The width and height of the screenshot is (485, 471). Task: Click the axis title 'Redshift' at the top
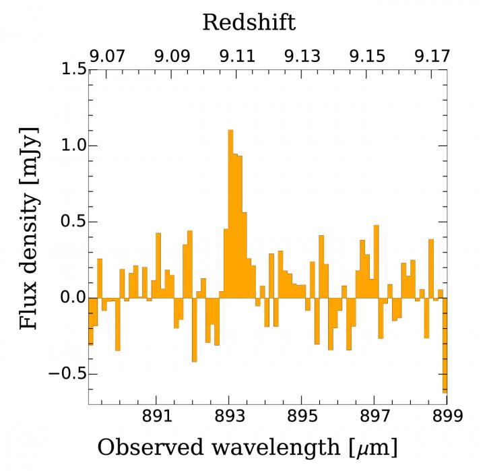pyautogui.click(x=249, y=22)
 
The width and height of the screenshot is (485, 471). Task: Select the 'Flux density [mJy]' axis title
pyautogui.click(x=28, y=228)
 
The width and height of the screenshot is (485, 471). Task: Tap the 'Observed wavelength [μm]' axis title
pyautogui.click(x=247, y=447)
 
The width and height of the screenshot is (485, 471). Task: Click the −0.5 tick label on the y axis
pyautogui.click(x=62, y=374)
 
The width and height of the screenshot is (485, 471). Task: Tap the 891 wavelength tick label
pyautogui.click(x=156, y=416)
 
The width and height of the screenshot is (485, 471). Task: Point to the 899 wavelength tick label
pyautogui.click(x=445, y=416)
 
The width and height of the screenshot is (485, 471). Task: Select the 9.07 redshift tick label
pyautogui.click(x=108, y=57)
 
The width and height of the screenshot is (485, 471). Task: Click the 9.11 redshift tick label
pyautogui.click(x=238, y=57)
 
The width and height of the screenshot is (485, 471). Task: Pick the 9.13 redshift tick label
pyautogui.click(x=302, y=57)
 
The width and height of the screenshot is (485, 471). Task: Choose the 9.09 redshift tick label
pyautogui.click(x=172, y=57)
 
